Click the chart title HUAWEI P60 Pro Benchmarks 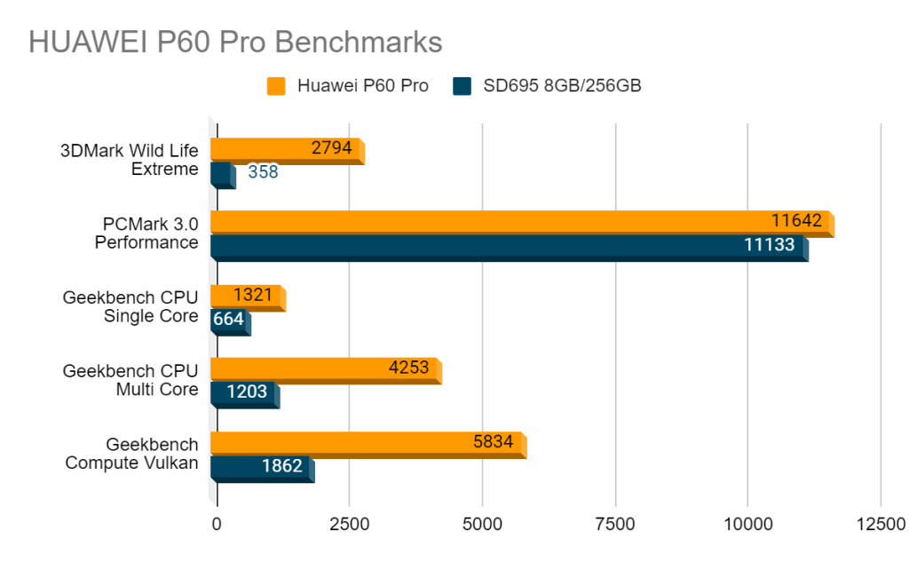click(x=235, y=42)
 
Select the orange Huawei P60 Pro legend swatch click(x=276, y=86)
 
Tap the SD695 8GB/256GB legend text click(x=562, y=86)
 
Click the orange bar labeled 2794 click(x=286, y=149)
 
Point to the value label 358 click(x=263, y=172)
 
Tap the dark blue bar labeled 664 click(x=228, y=319)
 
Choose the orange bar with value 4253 click(x=324, y=368)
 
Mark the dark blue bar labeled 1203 click(x=243, y=392)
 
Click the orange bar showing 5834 click(x=367, y=442)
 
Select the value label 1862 click(x=281, y=465)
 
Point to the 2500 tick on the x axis click(x=349, y=524)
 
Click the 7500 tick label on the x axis click(x=614, y=524)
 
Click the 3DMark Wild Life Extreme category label click(x=130, y=159)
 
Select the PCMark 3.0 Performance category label click(x=146, y=233)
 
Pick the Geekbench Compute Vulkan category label click(x=131, y=452)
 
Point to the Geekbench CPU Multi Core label click(x=130, y=380)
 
